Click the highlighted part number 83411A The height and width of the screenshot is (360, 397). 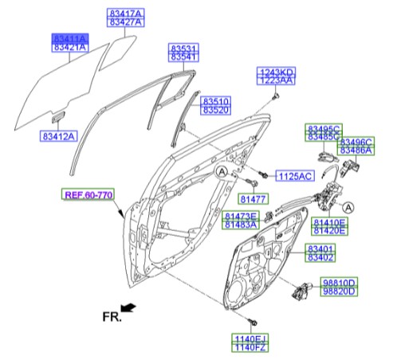click(x=71, y=38)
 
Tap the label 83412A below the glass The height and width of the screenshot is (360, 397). click(x=57, y=137)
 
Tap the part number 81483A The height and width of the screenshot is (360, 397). click(x=241, y=225)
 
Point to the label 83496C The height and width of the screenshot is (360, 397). click(x=356, y=141)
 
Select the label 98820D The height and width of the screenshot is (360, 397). click(x=339, y=292)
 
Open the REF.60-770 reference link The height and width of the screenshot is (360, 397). click(x=89, y=194)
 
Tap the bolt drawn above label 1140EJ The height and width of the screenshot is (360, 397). click(x=252, y=323)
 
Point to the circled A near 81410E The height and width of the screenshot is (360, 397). click(x=348, y=207)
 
